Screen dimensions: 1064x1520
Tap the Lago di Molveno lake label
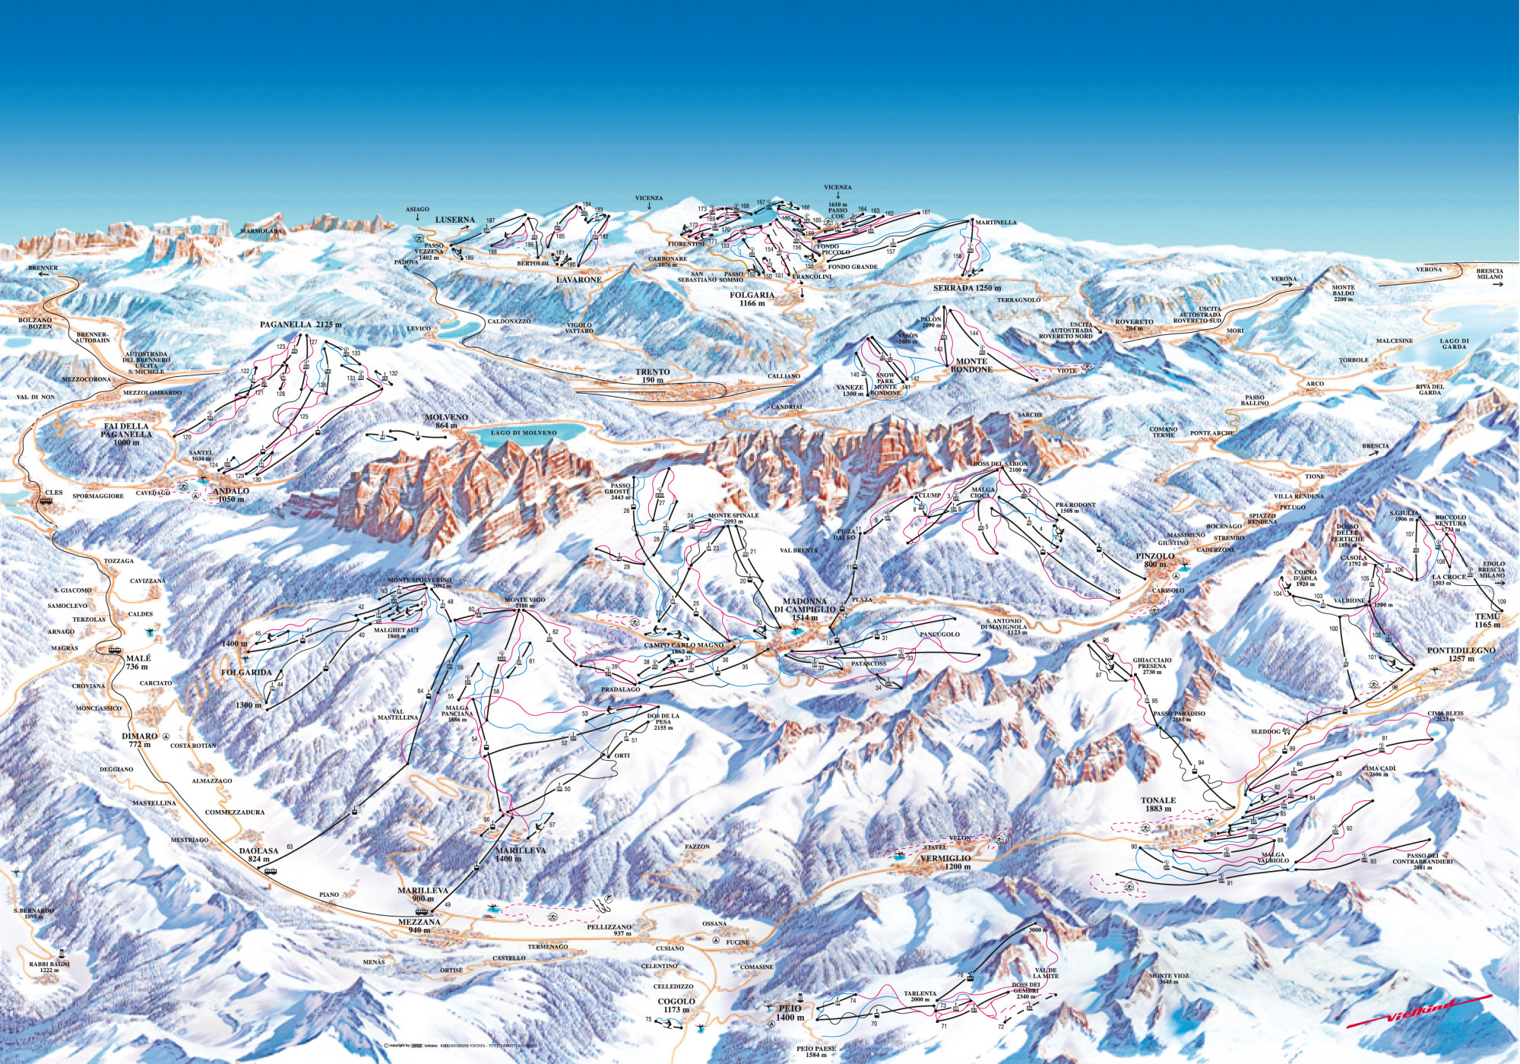pyautogui.click(x=524, y=432)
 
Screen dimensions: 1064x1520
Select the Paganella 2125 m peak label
pyautogui.click(x=300, y=325)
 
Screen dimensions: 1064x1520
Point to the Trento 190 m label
pyautogui.click(x=653, y=375)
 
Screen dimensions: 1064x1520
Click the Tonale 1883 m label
pyautogui.click(x=1157, y=804)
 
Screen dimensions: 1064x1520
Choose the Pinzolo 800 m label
pyautogui.click(x=1155, y=560)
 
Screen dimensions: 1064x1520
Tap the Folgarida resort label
pyautogui.click(x=246, y=673)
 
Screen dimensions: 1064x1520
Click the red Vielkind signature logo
pyautogui.click(x=1420, y=1010)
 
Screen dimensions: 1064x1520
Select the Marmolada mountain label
pyautogui.click(x=261, y=231)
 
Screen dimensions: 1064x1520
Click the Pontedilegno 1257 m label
pyautogui.click(x=1461, y=654)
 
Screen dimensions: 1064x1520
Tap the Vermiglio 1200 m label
pyautogui.click(x=945, y=862)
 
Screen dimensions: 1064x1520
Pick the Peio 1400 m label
pyautogui.click(x=790, y=1012)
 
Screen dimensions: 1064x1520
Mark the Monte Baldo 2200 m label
pyautogui.click(x=1343, y=293)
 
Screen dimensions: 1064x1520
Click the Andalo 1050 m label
pyautogui.click(x=231, y=495)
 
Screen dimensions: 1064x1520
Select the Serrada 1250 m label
pyautogui.click(x=967, y=289)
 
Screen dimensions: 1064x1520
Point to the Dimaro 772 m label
pyautogui.click(x=140, y=740)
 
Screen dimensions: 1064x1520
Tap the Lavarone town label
pyautogui.click(x=578, y=280)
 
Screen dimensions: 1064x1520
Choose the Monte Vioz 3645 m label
pyautogui.click(x=1169, y=979)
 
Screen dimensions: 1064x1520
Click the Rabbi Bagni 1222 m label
pyautogui.click(x=49, y=967)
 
